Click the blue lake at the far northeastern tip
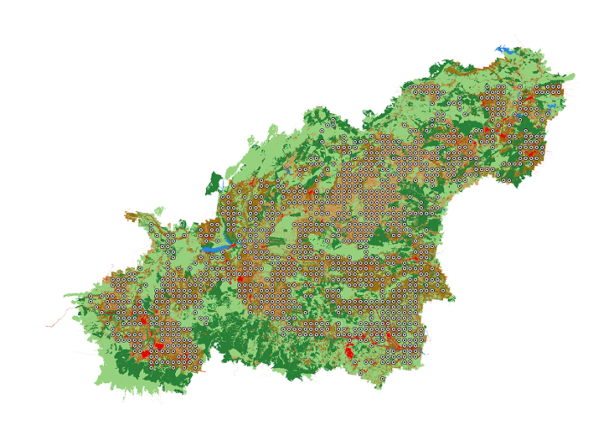coord(507,49)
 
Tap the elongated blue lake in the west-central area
coord(215,248)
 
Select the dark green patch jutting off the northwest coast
coord(215,182)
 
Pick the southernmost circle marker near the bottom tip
coord(383,379)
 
